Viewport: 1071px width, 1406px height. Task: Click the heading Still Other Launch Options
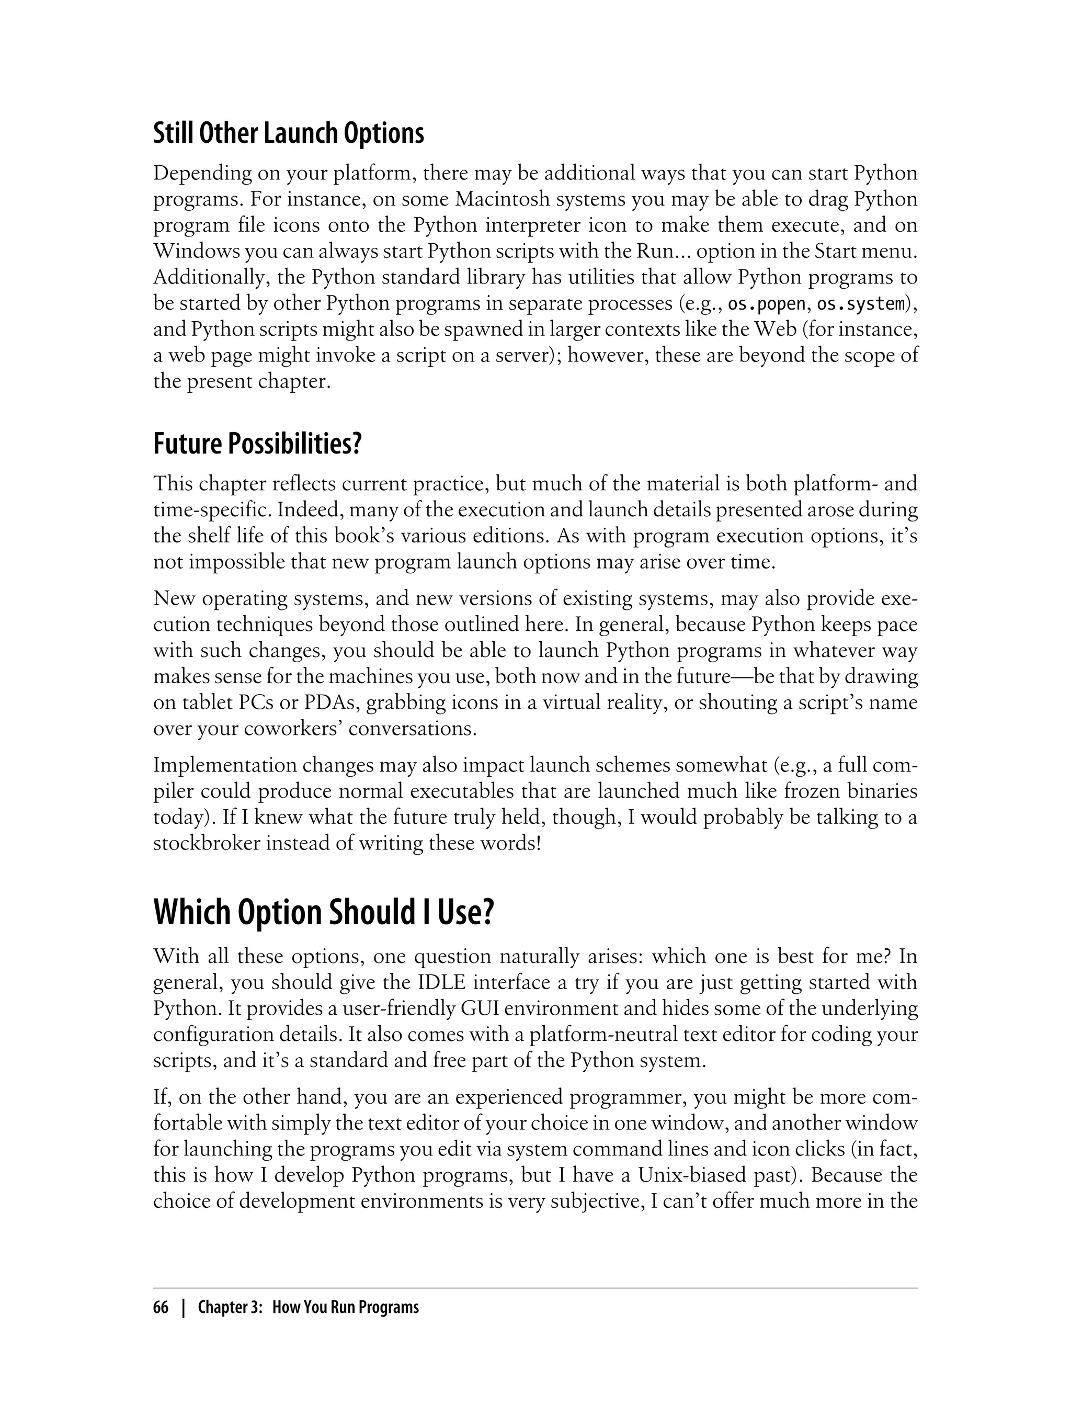[x=288, y=133]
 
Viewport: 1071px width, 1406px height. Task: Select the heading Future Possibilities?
[x=257, y=444]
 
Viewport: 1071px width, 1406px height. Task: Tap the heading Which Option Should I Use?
[x=324, y=912]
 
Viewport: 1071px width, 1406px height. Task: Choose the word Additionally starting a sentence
[x=202, y=278]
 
